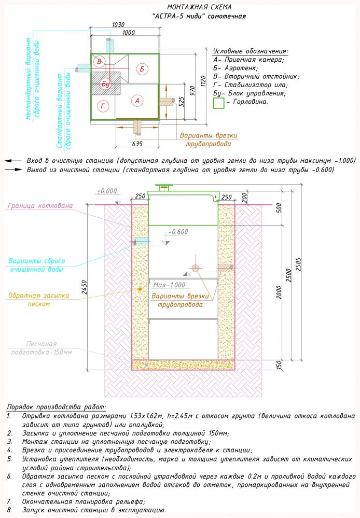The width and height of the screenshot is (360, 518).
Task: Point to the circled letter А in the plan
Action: pyautogui.click(x=137, y=101)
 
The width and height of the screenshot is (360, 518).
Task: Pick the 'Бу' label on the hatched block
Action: pyautogui.click(x=106, y=83)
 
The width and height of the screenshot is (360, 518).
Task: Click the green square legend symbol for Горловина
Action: pyautogui.click(x=218, y=102)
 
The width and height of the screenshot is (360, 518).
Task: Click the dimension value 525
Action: pyautogui.click(x=181, y=101)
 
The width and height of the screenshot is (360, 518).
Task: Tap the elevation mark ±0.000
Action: pyautogui.click(x=107, y=191)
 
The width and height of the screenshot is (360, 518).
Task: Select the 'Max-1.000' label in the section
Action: pyautogui.click(x=169, y=285)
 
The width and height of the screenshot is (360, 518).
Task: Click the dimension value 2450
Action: pyautogui.click(x=82, y=285)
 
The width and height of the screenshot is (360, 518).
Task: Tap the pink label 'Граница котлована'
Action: pyautogui.click(x=40, y=205)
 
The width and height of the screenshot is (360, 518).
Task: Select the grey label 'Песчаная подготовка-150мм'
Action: pyautogui.click(x=43, y=348)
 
